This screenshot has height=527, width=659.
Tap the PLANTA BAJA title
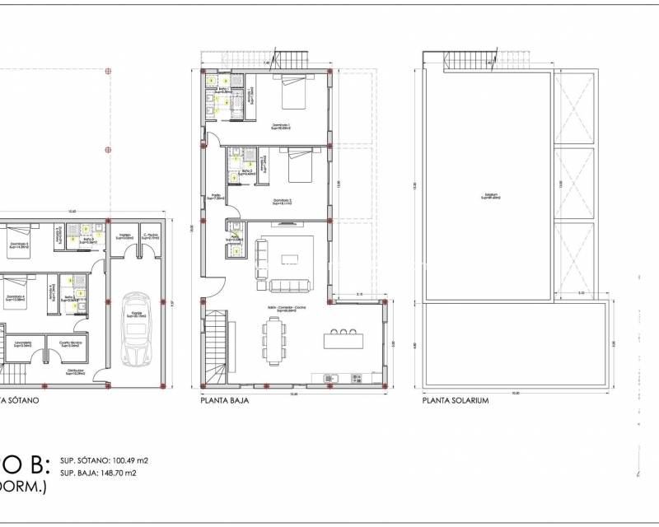pos(225,402)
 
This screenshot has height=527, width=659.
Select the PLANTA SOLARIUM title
pos(456,402)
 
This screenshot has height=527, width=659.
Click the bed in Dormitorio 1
pos(295,94)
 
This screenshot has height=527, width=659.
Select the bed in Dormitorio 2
pos(297,168)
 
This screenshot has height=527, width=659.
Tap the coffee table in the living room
pos(290,259)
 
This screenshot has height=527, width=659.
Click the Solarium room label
pos(491,196)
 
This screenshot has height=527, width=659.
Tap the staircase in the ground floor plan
pos(215,347)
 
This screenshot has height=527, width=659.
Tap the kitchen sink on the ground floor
pos(331,377)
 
